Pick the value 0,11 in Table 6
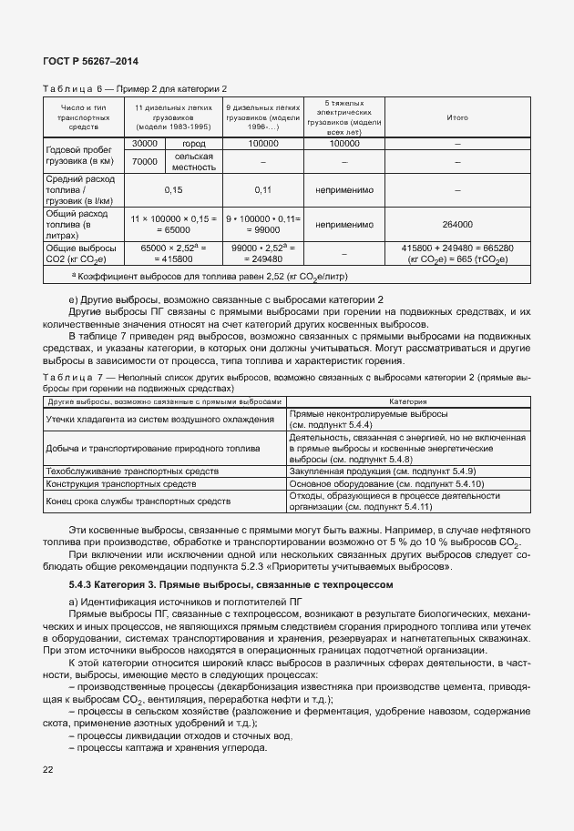[x=262, y=190]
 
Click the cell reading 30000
[x=144, y=143]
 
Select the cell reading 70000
[x=144, y=161]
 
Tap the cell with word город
[x=193, y=143]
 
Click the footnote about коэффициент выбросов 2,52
[x=210, y=276]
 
